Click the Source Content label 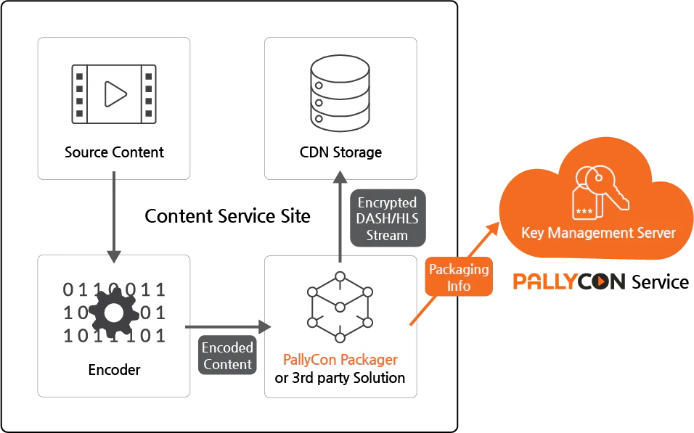click(114, 152)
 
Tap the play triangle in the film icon click(115, 94)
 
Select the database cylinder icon click(340, 92)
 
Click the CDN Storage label click(340, 152)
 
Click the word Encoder click(114, 370)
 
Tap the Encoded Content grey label click(227, 356)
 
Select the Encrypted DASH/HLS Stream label click(387, 218)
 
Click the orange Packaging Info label click(458, 278)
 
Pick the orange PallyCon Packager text click(340, 360)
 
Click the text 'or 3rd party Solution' click(340, 378)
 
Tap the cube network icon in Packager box click(340, 306)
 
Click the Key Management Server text click(598, 233)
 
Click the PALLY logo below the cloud click(544, 281)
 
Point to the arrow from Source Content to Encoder click(114, 218)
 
